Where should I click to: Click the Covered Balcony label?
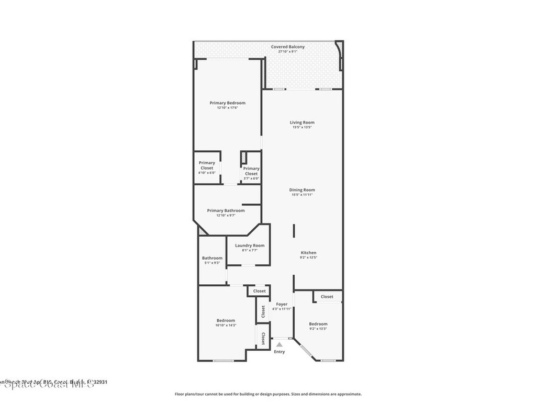click(287, 47)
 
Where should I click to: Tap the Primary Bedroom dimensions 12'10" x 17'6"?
click(227, 108)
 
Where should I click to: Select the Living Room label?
click(302, 122)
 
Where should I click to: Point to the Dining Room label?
click(302, 190)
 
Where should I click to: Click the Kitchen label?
click(308, 253)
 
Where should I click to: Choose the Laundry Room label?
click(250, 245)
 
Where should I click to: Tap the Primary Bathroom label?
click(226, 210)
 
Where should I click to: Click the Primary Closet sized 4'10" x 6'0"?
click(207, 165)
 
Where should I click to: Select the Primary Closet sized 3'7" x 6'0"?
click(251, 171)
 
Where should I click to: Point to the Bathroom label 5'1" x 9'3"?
click(212, 258)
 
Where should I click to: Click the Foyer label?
click(282, 304)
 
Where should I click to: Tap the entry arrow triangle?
click(280, 344)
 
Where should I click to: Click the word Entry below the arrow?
click(280, 352)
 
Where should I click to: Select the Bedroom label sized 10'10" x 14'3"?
click(226, 320)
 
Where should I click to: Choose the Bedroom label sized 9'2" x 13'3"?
click(318, 324)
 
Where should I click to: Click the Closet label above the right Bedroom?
click(327, 297)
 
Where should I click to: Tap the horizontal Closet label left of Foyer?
click(259, 291)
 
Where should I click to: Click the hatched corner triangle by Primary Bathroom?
click(201, 230)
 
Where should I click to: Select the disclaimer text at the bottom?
click(267, 394)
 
